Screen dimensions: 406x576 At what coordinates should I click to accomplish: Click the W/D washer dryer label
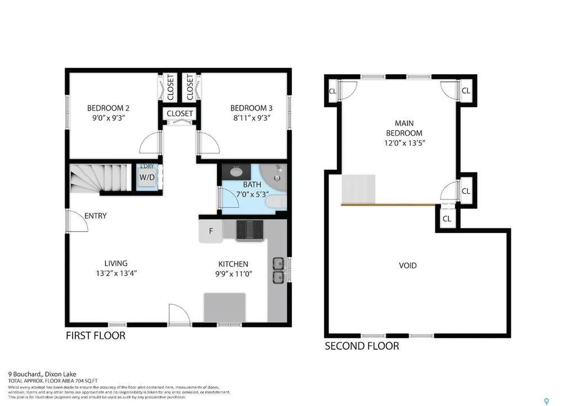(x=147, y=177)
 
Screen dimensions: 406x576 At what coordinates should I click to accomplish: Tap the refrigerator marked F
(x=210, y=231)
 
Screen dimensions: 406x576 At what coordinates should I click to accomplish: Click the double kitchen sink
(x=278, y=270)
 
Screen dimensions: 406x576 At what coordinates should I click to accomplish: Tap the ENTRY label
(x=95, y=216)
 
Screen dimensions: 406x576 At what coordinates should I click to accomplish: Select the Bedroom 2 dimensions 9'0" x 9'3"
(x=108, y=119)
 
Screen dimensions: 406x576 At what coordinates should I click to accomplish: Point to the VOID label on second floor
(x=408, y=265)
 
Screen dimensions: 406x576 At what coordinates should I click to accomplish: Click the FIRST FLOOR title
(x=95, y=336)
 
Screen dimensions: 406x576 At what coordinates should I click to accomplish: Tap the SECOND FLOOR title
(x=362, y=346)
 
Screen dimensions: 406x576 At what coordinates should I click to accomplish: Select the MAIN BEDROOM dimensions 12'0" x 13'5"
(x=404, y=143)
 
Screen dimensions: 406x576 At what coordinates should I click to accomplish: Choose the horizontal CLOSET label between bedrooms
(x=179, y=113)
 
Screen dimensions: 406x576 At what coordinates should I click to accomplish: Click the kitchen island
(x=224, y=307)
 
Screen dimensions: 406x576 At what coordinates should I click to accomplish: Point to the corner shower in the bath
(x=277, y=175)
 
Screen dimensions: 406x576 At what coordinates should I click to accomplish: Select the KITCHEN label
(x=233, y=264)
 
